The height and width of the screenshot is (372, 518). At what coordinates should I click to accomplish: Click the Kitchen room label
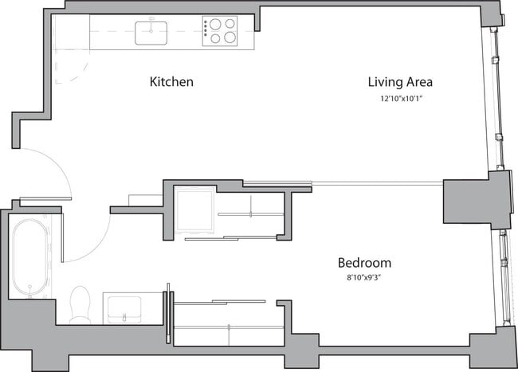pos(171,82)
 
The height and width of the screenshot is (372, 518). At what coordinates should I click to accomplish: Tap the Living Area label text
pos(399,82)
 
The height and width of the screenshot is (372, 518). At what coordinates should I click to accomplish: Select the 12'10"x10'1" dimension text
pos(400,100)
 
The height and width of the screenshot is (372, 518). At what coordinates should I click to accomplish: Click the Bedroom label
pos(364,263)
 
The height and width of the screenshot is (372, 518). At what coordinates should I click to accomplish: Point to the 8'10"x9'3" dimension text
pos(364,279)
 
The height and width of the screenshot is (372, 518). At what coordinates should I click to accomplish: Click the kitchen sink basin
pos(151,33)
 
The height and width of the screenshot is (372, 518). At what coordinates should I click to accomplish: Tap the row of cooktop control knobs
pos(206,31)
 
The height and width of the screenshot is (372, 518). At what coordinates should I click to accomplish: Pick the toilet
pos(80,305)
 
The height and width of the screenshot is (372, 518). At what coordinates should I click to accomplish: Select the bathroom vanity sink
pos(124,307)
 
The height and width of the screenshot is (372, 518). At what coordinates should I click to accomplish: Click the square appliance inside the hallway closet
pos(194,210)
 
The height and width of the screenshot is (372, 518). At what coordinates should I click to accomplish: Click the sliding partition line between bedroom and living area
pos(375,184)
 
